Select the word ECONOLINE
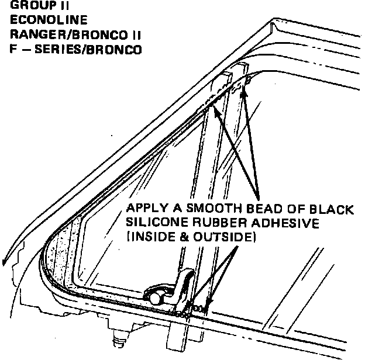39,20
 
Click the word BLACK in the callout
341,209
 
